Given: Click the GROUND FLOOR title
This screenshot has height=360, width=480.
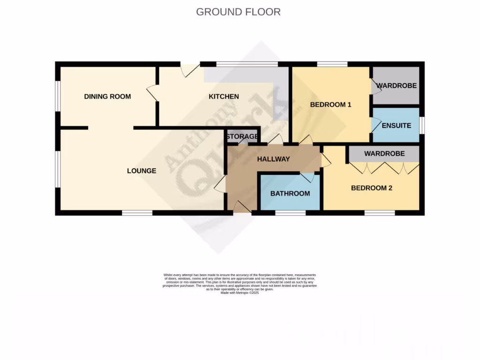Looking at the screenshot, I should pyautogui.click(x=238, y=12).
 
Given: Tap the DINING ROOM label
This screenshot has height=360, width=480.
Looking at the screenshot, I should pyautogui.click(x=107, y=97).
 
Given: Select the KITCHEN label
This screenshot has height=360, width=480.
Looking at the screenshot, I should pyautogui.click(x=224, y=97).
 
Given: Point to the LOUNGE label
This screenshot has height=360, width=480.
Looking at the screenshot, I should pyautogui.click(x=142, y=171).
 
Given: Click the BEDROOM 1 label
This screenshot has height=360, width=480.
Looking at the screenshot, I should pyautogui.click(x=330, y=105).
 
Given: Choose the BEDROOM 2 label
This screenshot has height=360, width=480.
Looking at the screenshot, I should pyautogui.click(x=372, y=188).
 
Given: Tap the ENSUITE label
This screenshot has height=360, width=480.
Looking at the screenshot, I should pyautogui.click(x=396, y=126).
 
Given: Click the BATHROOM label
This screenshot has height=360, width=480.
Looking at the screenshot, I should pyautogui.click(x=290, y=194).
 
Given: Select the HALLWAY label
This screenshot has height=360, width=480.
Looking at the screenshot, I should pyautogui.click(x=273, y=159).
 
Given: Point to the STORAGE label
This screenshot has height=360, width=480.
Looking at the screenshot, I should pyautogui.click(x=242, y=137).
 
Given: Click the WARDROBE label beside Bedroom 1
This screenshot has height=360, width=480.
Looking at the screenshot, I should pyautogui.click(x=397, y=86).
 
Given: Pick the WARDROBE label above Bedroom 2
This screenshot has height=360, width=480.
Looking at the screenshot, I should pyautogui.click(x=384, y=154).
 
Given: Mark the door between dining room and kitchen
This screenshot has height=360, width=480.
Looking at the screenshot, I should pyautogui.click(x=152, y=93).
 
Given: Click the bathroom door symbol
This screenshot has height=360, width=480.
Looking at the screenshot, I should pyautogui.click(x=307, y=177).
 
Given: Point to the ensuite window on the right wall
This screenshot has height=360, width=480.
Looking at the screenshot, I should pyautogui.click(x=421, y=125).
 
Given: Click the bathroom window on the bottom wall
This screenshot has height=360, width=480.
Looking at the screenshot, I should pyautogui.click(x=290, y=213).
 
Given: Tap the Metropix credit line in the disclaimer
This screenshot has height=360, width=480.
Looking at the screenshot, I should pyautogui.click(x=240, y=292).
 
